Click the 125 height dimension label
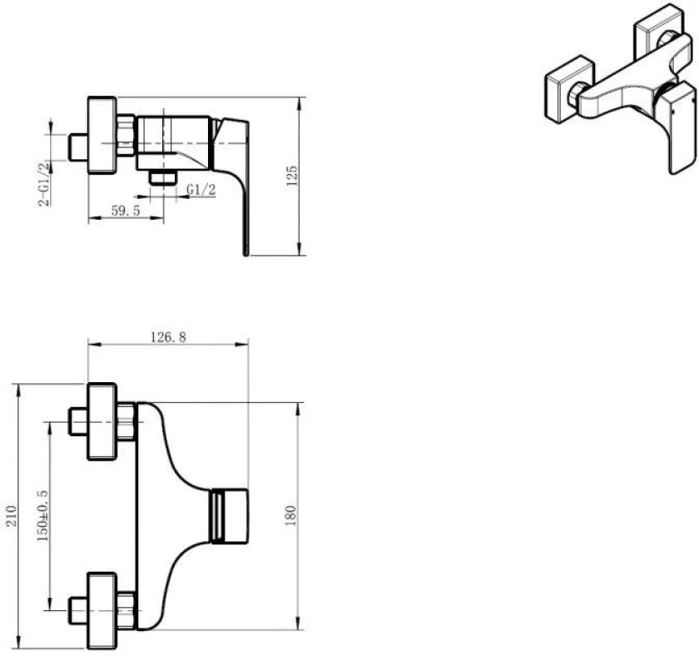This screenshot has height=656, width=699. click(x=292, y=176)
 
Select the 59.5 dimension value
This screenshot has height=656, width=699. click(x=126, y=210)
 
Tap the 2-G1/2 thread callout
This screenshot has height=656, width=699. click(x=43, y=184)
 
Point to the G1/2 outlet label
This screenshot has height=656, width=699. click(x=201, y=190)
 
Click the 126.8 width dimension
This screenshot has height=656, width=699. click(x=168, y=337)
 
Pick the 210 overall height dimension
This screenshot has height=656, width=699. click(x=11, y=516)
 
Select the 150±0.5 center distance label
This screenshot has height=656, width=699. click(x=42, y=515)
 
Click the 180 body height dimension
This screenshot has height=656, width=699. click(x=290, y=516)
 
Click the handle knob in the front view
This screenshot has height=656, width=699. click(x=229, y=516)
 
